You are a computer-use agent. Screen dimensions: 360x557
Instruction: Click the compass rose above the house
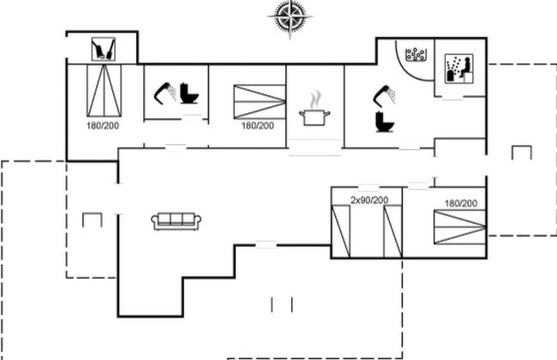coord(290,16)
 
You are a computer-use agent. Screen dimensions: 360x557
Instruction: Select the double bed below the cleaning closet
coord(103,92)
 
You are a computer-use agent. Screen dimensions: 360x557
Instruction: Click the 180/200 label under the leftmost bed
coord(103,126)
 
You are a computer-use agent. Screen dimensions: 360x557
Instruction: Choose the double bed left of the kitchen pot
coord(259,101)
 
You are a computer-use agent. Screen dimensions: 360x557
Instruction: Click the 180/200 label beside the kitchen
coord(257,126)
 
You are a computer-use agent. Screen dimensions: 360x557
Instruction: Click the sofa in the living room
coord(177,221)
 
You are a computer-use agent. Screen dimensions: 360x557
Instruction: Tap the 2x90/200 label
coord(368,200)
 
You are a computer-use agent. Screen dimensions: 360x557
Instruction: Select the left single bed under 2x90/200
coord(341,231)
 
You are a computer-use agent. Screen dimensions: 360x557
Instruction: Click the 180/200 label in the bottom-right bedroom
coord(460,203)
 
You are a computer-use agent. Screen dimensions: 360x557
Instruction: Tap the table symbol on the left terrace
coord(92,219)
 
